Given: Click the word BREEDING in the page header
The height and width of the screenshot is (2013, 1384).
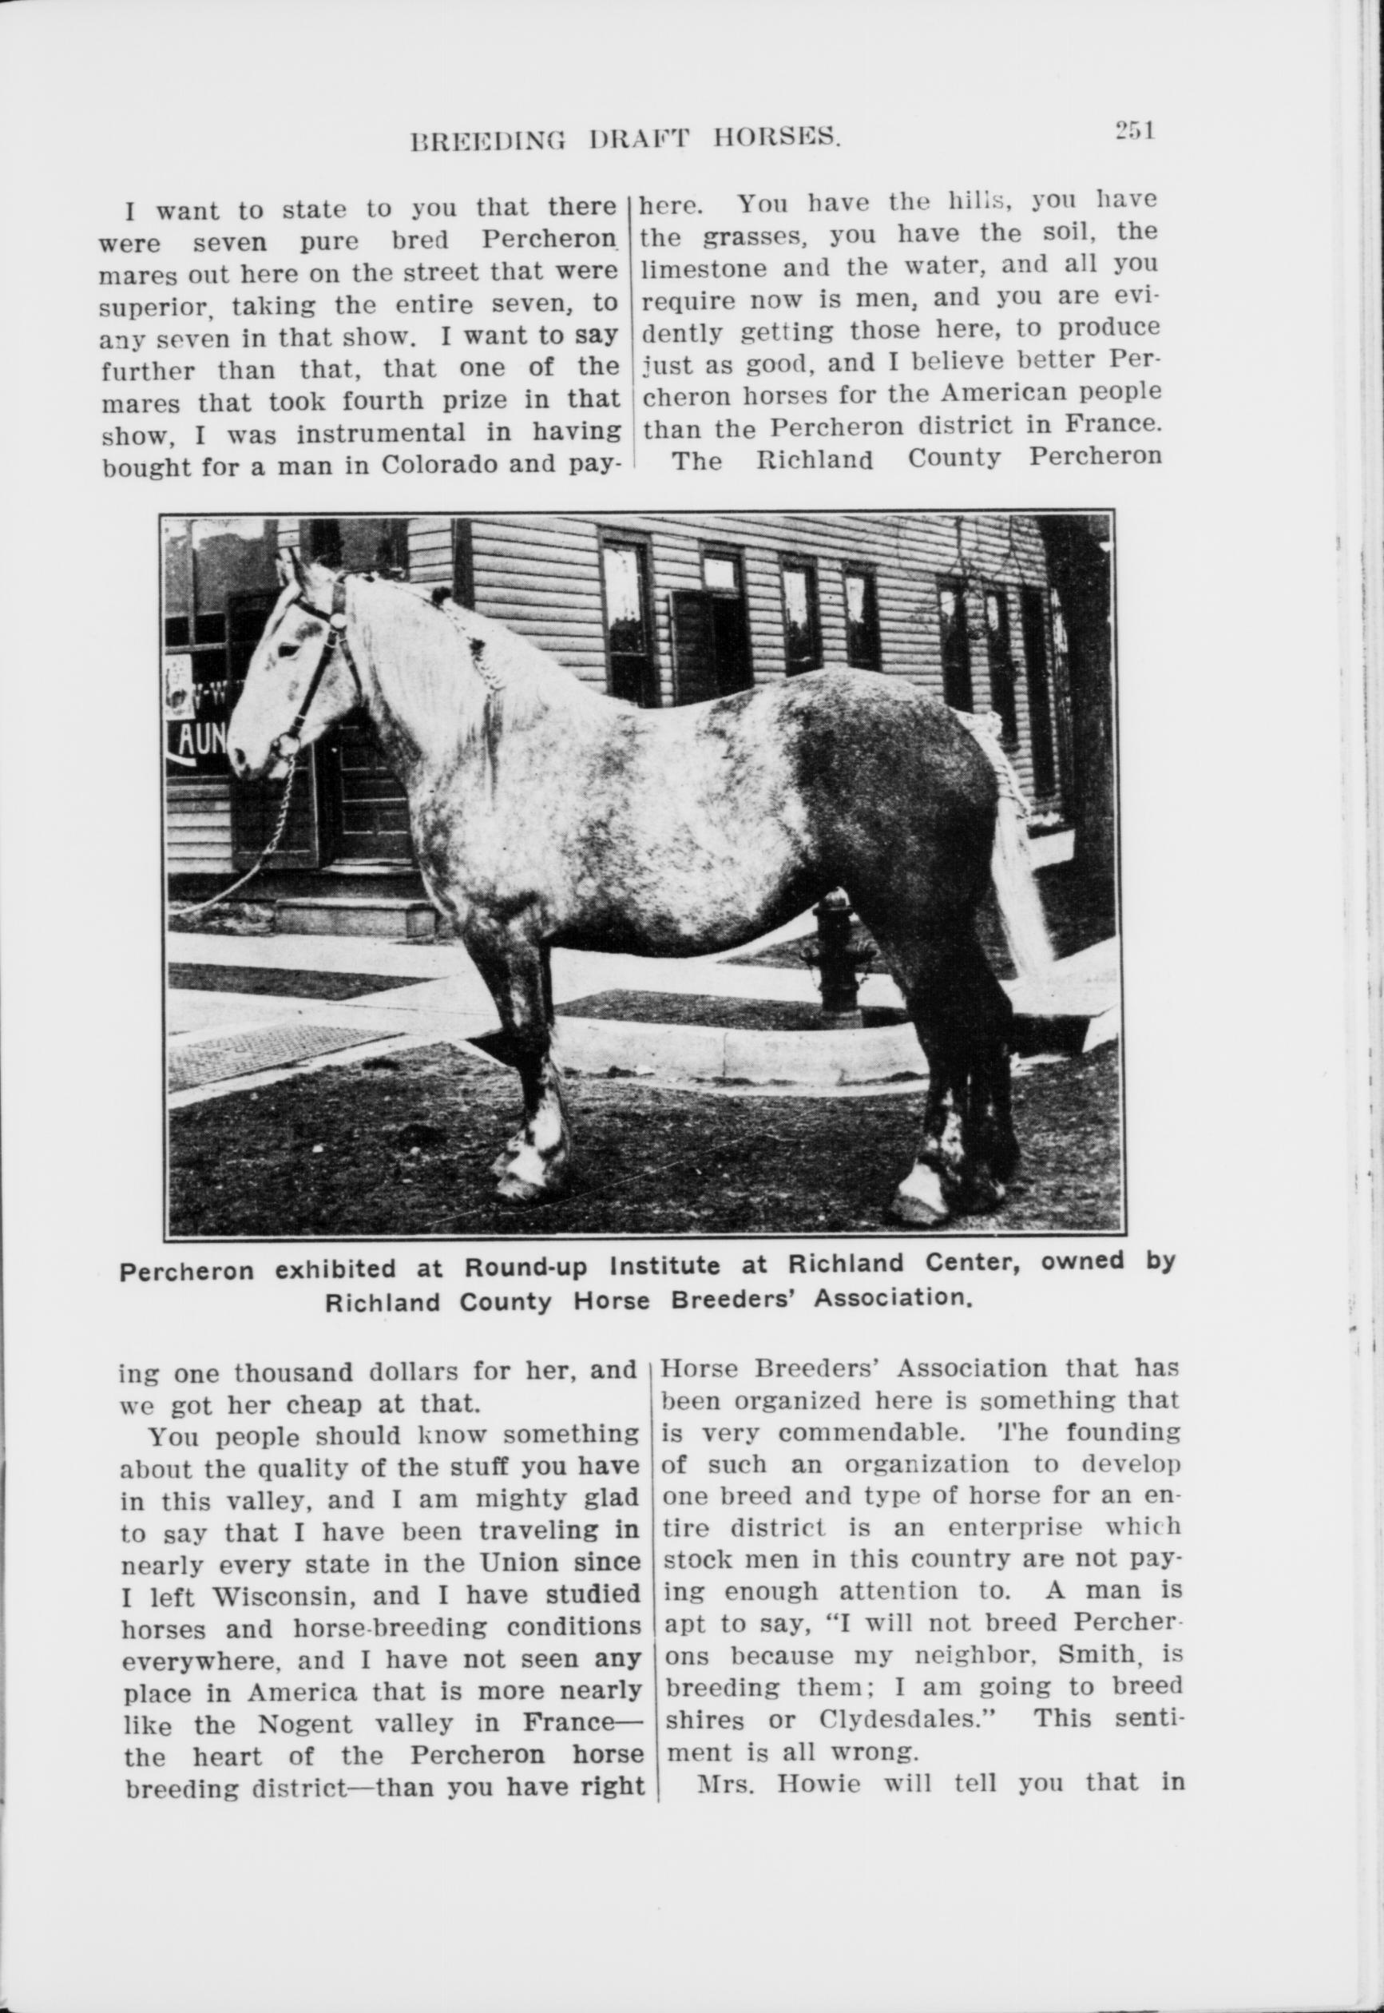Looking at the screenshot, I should pyautogui.click(x=487, y=139).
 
